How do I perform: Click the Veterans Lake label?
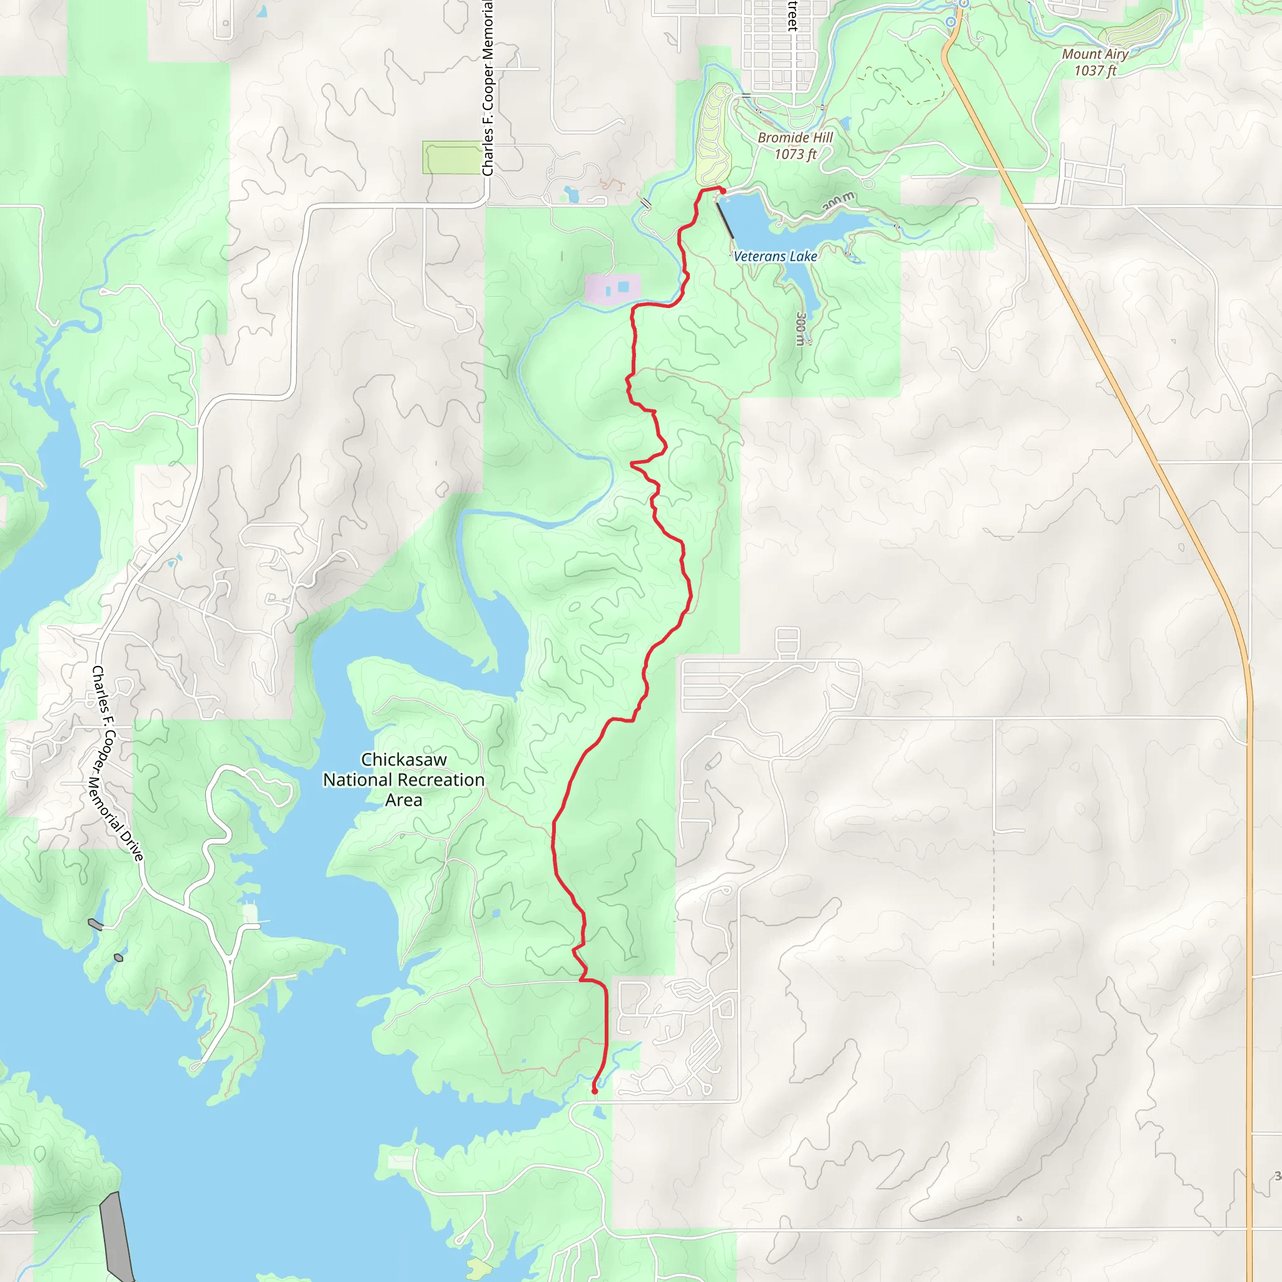775,256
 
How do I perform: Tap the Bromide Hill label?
795,137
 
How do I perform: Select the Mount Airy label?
1095,54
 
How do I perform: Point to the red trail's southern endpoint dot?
595,1090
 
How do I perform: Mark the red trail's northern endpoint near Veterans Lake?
722,191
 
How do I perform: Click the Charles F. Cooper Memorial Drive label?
117,764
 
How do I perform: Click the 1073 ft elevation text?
795,154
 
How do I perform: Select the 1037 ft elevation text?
1095,70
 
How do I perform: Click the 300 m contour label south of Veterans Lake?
801,329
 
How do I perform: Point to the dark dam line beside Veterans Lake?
726,220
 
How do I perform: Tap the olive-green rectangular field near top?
452,158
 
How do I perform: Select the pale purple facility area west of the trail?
612,288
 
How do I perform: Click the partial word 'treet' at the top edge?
792,15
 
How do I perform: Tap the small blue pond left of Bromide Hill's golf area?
571,195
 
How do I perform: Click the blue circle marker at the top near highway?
951,22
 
